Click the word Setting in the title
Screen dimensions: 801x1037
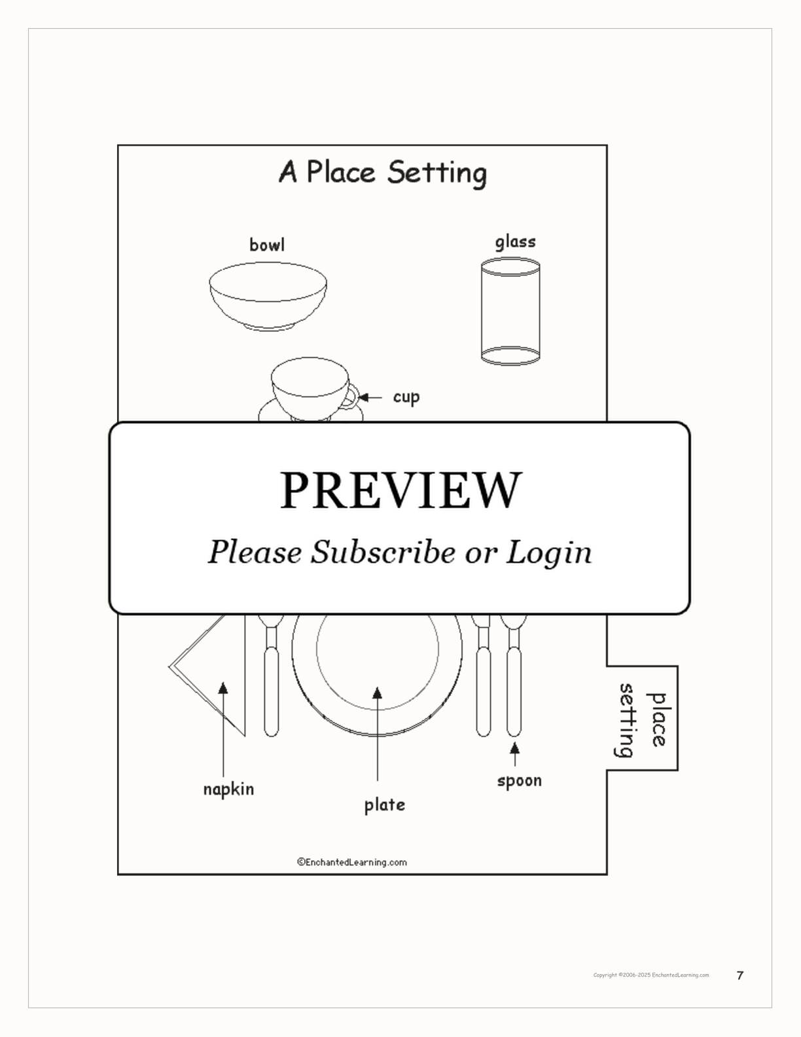tap(437, 173)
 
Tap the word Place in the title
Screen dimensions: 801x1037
tap(341, 172)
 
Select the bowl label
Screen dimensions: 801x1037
tap(267, 245)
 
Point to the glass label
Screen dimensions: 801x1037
tap(515, 242)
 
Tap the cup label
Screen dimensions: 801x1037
tap(406, 397)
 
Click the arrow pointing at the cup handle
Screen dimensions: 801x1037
tap(370, 397)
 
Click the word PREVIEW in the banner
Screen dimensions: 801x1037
tap(400, 490)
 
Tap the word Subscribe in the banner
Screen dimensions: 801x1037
tap(383, 553)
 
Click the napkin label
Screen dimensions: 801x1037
tap(228, 790)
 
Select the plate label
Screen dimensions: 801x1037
tap(385, 805)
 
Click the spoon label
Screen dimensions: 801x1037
tap(520, 781)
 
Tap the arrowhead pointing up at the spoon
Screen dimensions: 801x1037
tap(515, 748)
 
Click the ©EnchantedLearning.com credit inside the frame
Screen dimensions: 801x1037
tap(352, 862)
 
